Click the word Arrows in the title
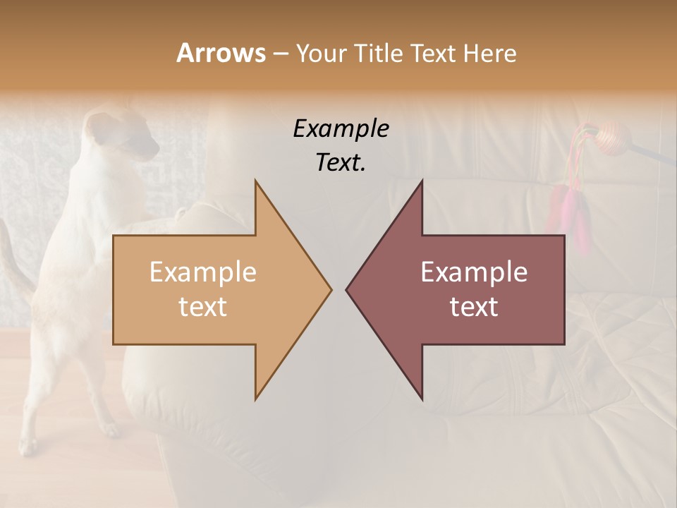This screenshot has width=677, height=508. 221,53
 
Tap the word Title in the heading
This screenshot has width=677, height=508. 378,54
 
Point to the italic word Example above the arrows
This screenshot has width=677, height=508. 341,129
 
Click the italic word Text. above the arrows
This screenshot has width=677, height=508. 341,163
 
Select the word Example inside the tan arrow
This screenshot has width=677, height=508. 203,272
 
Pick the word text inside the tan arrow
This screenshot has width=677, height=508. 203,307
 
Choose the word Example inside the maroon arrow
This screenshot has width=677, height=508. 474,272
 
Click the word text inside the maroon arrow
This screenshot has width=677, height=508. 474,307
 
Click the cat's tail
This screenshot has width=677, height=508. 14,261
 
